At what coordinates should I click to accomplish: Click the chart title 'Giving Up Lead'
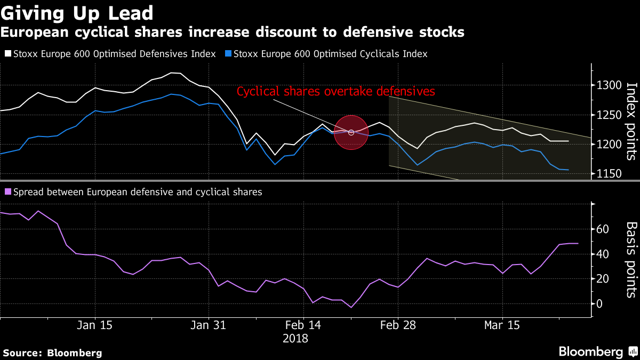click(x=77, y=13)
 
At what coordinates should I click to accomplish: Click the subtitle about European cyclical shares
click(x=232, y=33)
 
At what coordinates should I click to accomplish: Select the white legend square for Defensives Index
click(x=7, y=54)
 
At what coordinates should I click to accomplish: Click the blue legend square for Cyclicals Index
click(x=228, y=54)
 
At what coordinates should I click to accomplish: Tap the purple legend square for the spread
click(x=7, y=192)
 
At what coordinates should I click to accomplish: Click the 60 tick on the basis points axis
click(x=603, y=229)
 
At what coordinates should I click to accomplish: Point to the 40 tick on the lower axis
click(x=603, y=254)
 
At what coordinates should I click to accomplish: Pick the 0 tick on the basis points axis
click(x=599, y=304)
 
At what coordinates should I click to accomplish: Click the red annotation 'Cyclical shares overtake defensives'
click(x=336, y=92)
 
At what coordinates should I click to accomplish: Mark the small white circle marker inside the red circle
click(x=351, y=132)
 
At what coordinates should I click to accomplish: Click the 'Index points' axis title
click(x=631, y=121)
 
